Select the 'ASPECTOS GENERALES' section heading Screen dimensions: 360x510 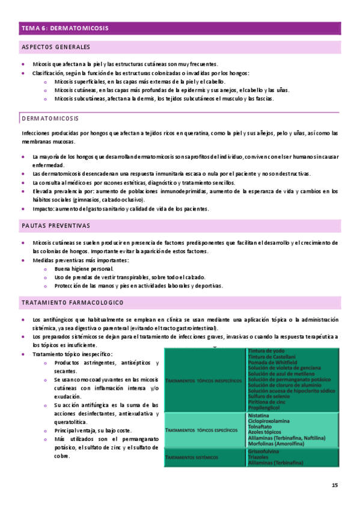(x=55, y=47)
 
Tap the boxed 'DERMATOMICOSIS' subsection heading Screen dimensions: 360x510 (x=50, y=118)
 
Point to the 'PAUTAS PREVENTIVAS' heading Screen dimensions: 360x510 (x=55, y=226)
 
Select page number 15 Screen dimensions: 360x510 (x=335, y=485)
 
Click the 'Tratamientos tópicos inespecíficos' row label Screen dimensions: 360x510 (x=203, y=380)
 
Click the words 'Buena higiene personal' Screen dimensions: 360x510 (x=84, y=268)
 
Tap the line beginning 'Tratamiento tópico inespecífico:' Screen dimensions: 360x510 (x=72, y=355)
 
